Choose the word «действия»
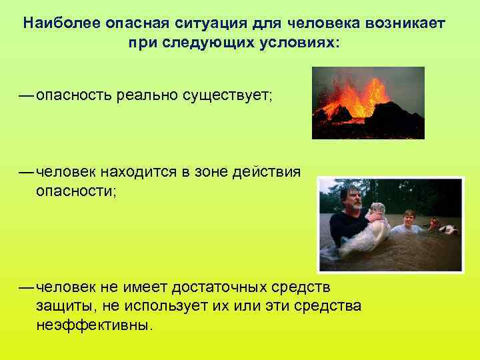click(x=269, y=172)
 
